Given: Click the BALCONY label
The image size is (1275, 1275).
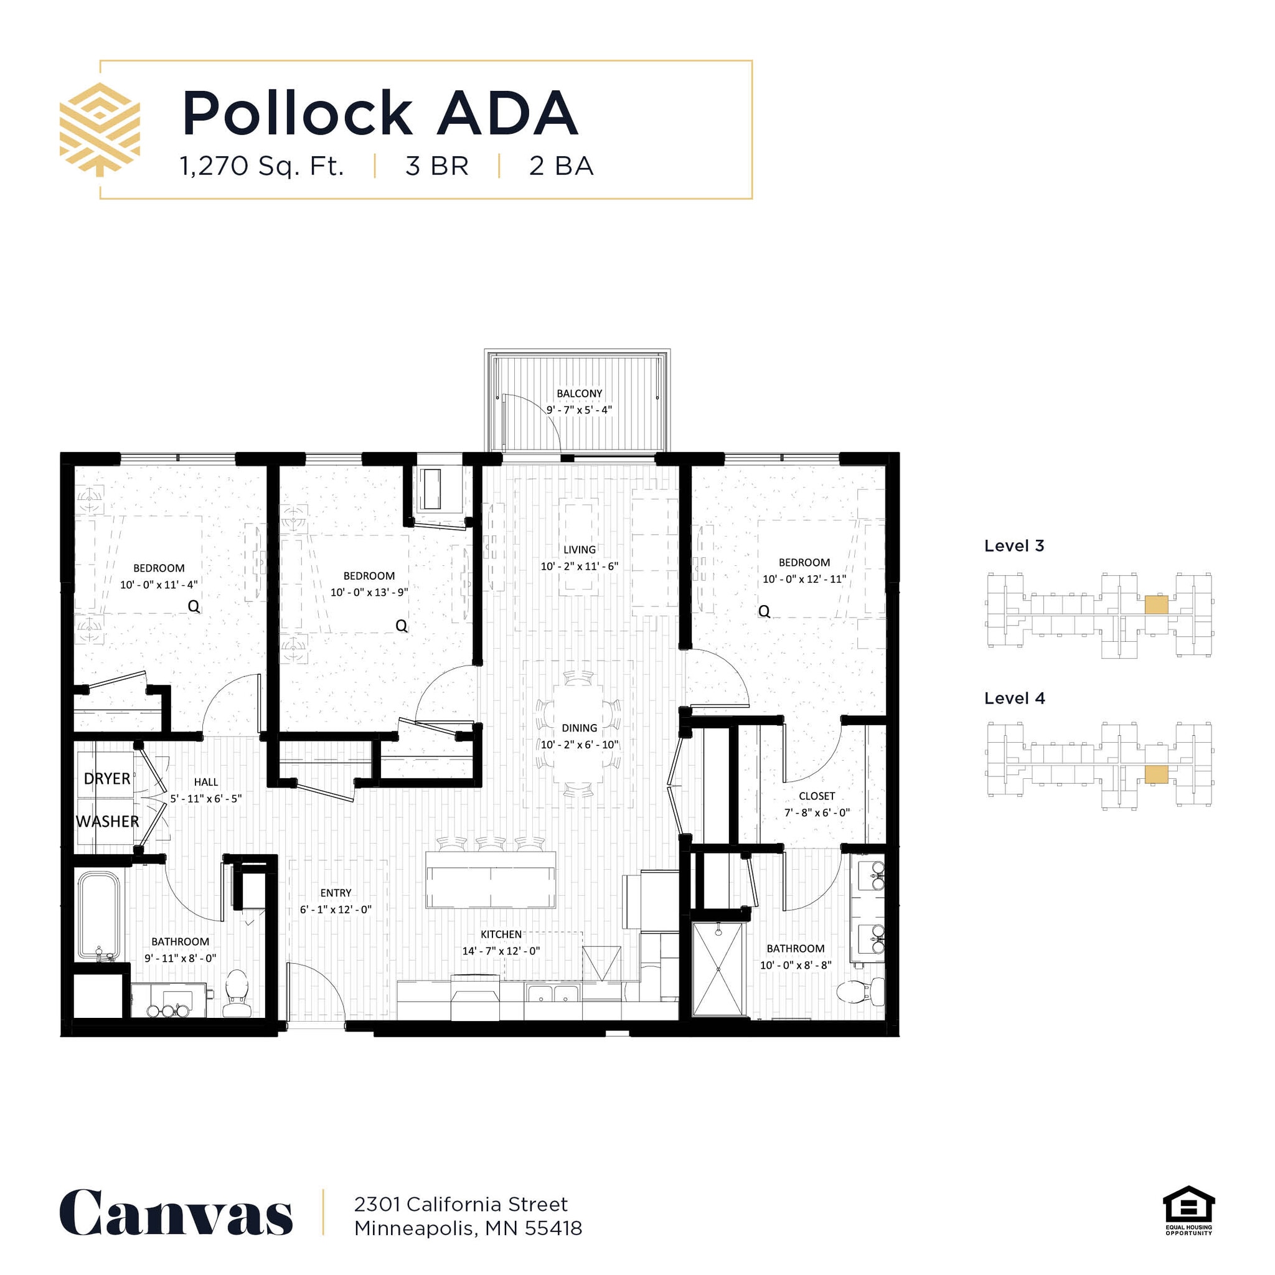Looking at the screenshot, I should tap(579, 393).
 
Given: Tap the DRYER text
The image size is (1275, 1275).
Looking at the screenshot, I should tap(107, 779).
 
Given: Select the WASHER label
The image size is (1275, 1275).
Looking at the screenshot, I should tap(107, 822).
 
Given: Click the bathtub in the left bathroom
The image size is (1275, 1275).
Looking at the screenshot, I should tap(100, 915).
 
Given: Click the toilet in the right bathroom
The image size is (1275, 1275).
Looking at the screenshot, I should tap(860, 991).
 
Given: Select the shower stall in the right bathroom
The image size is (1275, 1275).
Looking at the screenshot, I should tap(717, 969).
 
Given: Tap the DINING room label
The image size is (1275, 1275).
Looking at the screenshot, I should tap(579, 728).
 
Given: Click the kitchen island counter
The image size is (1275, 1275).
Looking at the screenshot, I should tap(491, 880).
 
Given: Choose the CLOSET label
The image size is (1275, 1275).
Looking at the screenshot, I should tap(816, 796).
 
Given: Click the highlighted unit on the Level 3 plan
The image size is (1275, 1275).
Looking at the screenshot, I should tap(1155, 605).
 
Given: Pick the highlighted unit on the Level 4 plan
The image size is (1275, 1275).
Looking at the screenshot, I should tap(1155, 774).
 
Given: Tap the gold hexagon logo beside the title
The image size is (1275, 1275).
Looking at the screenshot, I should tap(100, 129).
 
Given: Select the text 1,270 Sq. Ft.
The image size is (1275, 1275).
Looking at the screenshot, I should tap(262, 166).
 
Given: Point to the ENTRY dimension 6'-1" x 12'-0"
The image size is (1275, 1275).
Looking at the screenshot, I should tap(336, 910).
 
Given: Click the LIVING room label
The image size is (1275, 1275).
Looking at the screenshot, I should tap(579, 550).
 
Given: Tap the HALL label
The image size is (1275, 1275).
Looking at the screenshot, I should tap(206, 782).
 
